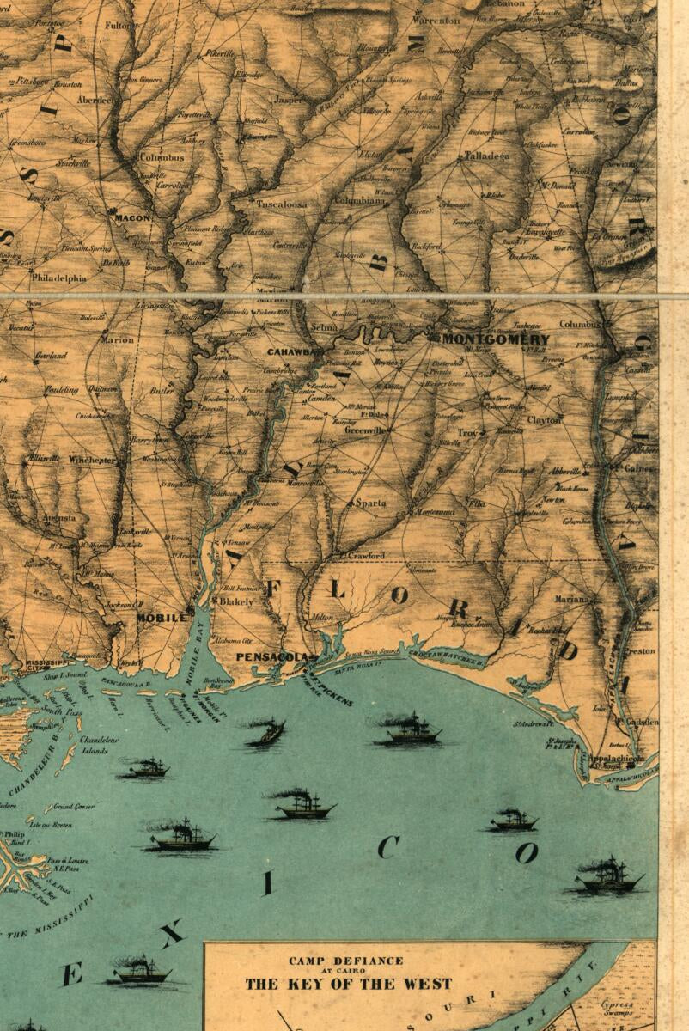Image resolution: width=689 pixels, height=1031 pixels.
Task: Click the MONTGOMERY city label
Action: coord(495,339)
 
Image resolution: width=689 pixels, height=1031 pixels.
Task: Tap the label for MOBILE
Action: coord(162,618)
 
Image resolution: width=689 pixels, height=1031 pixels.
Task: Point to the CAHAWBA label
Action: coord(295,352)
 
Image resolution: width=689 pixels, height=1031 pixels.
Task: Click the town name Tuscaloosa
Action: coord(281,204)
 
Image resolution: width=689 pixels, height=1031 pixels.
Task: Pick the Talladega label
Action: coord(486,156)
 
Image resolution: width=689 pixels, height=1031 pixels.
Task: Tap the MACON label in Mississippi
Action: coord(133,218)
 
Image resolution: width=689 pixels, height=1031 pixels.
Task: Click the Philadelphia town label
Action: coord(59,278)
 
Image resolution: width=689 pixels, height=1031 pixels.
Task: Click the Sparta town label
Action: coord(370,503)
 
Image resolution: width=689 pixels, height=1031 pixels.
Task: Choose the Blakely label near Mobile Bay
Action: coord(236,602)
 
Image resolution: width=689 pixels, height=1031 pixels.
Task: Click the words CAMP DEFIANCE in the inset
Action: coord(346,961)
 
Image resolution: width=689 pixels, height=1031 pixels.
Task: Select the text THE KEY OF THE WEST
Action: coord(348,984)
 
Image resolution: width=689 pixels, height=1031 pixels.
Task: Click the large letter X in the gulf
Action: coord(171,933)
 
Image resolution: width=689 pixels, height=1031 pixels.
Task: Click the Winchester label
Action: coord(92,461)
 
